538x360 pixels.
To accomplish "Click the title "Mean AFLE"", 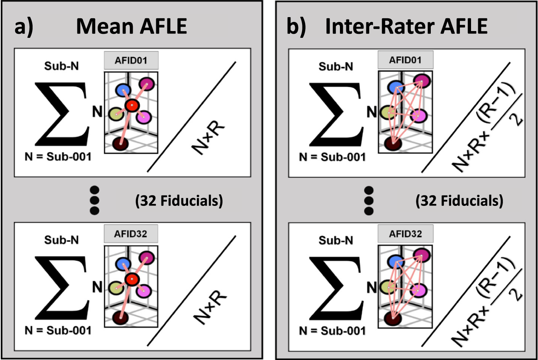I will pyautogui.click(x=132, y=26).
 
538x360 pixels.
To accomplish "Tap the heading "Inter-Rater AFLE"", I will pyautogui.click(x=406, y=26).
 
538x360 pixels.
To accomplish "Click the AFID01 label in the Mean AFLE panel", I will pyautogui.click(x=131, y=61).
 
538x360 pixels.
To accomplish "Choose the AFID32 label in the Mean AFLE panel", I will pyautogui.click(x=131, y=234).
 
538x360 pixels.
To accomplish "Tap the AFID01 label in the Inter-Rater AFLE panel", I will pyautogui.click(x=405, y=60).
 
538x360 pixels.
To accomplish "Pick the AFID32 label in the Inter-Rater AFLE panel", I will pyautogui.click(x=405, y=234).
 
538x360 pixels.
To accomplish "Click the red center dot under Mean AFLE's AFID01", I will pyautogui.click(x=131, y=106).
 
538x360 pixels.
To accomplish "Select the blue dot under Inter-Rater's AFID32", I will pyautogui.click(x=396, y=261).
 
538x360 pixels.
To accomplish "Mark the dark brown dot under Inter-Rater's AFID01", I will pyautogui.click(x=393, y=143).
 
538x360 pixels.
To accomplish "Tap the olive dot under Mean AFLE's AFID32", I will pyautogui.click(x=116, y=288).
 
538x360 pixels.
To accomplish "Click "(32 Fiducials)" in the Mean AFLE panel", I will pyautogui.click(x=179, y=201).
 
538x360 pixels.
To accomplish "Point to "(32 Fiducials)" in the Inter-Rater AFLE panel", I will pyautogui.click(x=459, y=201).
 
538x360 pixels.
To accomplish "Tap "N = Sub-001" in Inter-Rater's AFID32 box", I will pyautogui.click(x=332, y=331).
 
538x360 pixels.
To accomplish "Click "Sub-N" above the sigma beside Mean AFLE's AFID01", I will pyautogui.click(x=61, y=66).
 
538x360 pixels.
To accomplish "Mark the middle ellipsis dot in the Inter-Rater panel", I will pyautogui.click(x=369, y=200).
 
